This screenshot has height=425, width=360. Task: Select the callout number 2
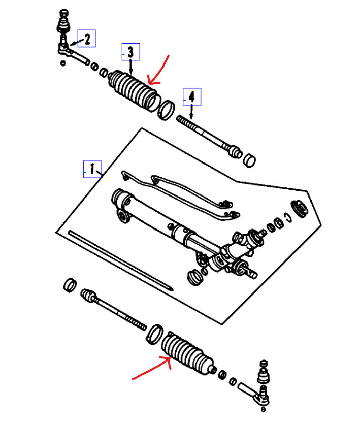pyautogui.click(x=86, y=39)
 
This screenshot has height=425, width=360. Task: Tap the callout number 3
pyautogui.click(x=130, y=52)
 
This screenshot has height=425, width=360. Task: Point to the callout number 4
pyautogui.click(x=191, y=95)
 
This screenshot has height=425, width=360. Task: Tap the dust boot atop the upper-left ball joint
pyautogui.click(x=63, y=23)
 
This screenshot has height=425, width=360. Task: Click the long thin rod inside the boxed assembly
pyautogui.click(x=120, y=261)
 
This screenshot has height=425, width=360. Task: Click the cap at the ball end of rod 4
pyautogui.click(x=249, y=160)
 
